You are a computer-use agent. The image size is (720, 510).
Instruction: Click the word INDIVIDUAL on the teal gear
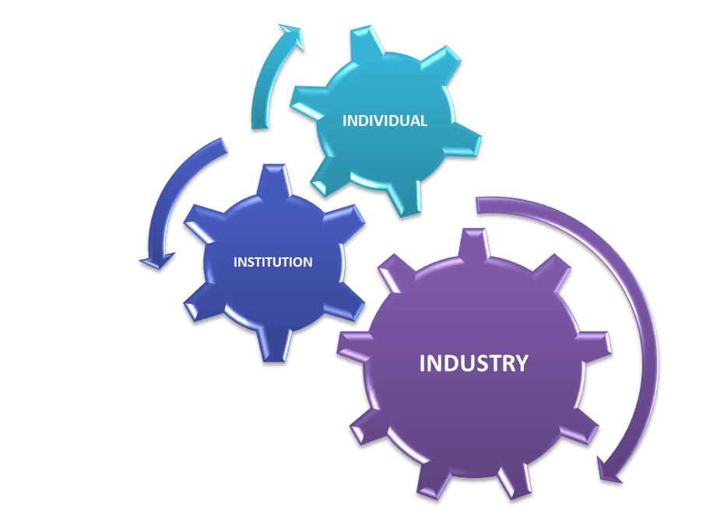click(385, 121)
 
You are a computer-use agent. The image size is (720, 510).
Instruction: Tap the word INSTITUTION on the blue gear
click(272, 262)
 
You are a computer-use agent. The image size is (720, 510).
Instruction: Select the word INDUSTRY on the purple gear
click(474, 363)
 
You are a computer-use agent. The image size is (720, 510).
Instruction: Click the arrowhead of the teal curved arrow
click(292, 36)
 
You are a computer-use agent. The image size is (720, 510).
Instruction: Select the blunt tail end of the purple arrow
click(478, 205)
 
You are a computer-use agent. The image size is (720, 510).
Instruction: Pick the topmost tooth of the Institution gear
click(274, 180)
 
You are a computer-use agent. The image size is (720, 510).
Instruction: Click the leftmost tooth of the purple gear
click(354, 345)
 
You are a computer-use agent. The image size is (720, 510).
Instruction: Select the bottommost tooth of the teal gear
click(403, 198)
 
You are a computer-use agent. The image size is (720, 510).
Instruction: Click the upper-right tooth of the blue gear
click(344, 222)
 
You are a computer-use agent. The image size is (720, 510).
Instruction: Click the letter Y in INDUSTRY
click(521, 363)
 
